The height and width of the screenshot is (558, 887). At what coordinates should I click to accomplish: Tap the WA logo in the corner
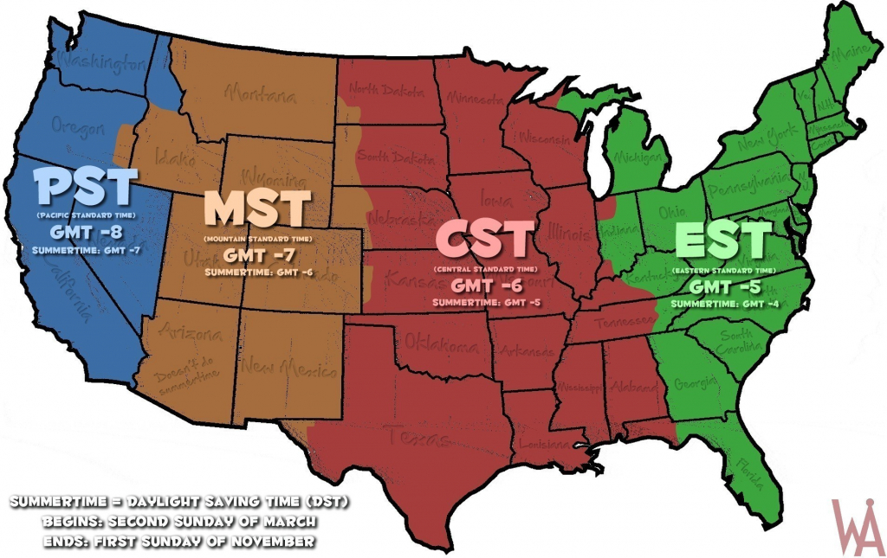pos(858,527)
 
